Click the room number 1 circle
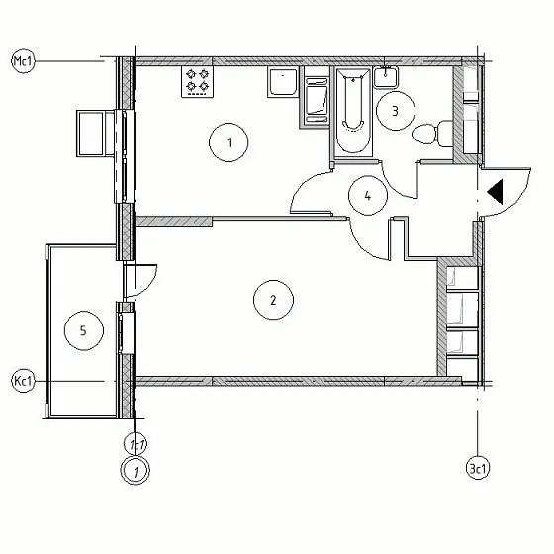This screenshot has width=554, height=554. (229, 142)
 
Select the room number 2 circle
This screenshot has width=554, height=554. (273, 300)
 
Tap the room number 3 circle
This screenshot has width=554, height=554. (395, 111)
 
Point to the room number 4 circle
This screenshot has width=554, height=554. (368, 196)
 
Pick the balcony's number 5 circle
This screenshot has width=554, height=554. (84, 330)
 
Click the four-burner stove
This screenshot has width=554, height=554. (198, 81)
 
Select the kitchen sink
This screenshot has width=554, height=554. (283, 82)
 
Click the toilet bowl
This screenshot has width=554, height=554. (432, 134)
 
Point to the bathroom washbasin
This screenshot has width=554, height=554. (386, 77)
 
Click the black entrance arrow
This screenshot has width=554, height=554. (495, 192)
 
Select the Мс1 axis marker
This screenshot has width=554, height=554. (24, 61)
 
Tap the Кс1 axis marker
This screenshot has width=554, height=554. (24, 381)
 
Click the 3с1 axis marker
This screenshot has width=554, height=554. (478, 469)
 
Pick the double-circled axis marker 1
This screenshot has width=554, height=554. (136, 470)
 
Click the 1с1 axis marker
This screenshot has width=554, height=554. (136, 444)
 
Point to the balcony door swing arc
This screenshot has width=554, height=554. (149, 286)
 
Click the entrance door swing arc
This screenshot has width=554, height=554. (520, 201)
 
